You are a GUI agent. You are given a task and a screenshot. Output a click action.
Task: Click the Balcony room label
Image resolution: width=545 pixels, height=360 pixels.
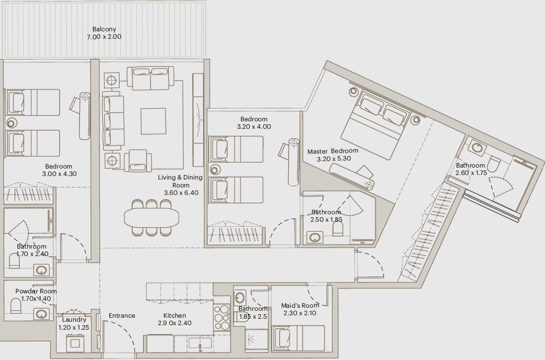(x=104, y=29)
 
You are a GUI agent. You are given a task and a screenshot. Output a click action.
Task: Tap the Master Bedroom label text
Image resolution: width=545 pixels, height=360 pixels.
(x=333, y=151)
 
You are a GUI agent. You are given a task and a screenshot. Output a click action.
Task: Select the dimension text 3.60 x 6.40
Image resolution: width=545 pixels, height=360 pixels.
(x=181, y=193)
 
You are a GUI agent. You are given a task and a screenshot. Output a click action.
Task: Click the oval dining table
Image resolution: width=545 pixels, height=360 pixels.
(x=152, y=217)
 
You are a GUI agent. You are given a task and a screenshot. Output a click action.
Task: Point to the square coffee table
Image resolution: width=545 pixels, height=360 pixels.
(x=153, y=121)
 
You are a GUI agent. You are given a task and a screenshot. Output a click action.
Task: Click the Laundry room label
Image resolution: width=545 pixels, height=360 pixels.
(x=74, y=320)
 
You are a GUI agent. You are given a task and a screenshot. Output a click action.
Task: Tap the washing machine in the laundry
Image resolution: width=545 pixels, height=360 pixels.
(x=75, y=343)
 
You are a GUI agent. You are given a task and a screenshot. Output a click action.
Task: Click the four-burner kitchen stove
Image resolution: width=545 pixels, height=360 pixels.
(x=222, y=317)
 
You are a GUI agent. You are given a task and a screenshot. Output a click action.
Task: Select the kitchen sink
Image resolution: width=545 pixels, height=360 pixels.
(x=200, y=344)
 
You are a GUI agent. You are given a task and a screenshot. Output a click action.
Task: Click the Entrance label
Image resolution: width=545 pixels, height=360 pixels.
(x=122, y=315)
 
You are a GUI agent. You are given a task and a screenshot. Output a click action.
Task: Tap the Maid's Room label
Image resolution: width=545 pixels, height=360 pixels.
(x=300, y=305)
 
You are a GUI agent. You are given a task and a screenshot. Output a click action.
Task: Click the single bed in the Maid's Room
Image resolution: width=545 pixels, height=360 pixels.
(x=298, y=338)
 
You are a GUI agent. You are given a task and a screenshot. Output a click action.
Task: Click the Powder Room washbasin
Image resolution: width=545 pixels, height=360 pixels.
(x=41, y=314)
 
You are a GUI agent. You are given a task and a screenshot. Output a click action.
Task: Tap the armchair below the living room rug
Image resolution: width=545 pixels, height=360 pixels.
(x=138, y=161)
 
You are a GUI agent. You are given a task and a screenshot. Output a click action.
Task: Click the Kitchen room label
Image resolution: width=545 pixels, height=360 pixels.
(x=174, y=315)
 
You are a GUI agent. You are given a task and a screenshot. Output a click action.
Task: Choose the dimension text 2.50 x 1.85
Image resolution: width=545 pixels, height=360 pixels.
(x=326, y=219)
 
